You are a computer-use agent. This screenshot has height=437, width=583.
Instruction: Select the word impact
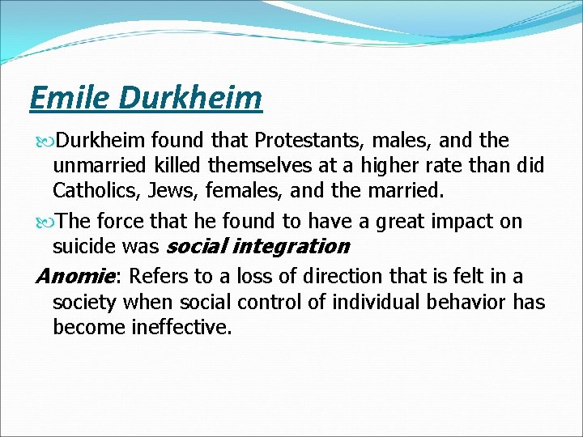(x=466, y=221)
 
